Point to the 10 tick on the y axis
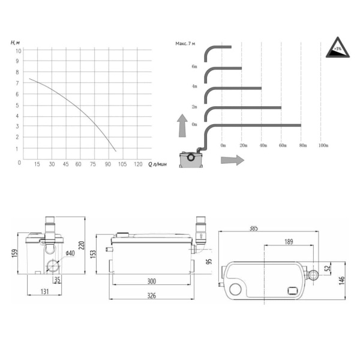click(19, 51)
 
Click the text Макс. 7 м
click(186, 44)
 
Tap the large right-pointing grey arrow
click(232, 160)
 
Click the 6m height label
click(194, 67)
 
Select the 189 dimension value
click(289, 242)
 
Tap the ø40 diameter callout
click(70, 253)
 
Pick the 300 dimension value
click(151, 281)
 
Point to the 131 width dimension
click(45, 292)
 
